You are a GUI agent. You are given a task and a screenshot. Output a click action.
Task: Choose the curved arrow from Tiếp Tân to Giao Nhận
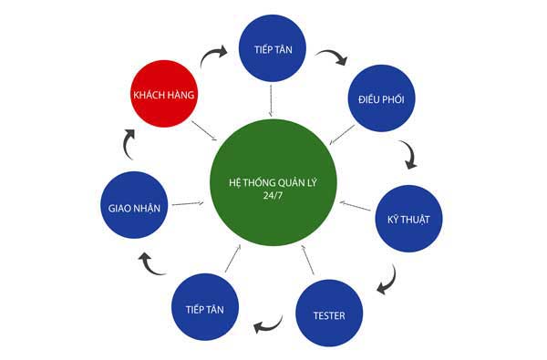coord(152,264)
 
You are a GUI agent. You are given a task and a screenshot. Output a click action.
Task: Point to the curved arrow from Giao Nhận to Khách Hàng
coord(129,141)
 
